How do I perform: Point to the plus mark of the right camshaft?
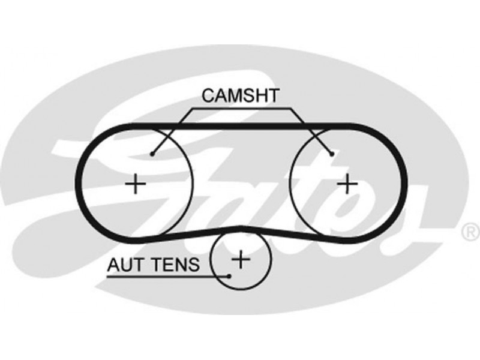coord(346,182)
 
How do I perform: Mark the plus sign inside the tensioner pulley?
coord(241,259)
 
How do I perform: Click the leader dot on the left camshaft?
coord(153,154)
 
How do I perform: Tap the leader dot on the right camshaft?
coord(332,154)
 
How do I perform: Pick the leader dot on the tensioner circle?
coord(230,277)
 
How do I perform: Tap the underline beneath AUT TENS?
coord(162,276)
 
